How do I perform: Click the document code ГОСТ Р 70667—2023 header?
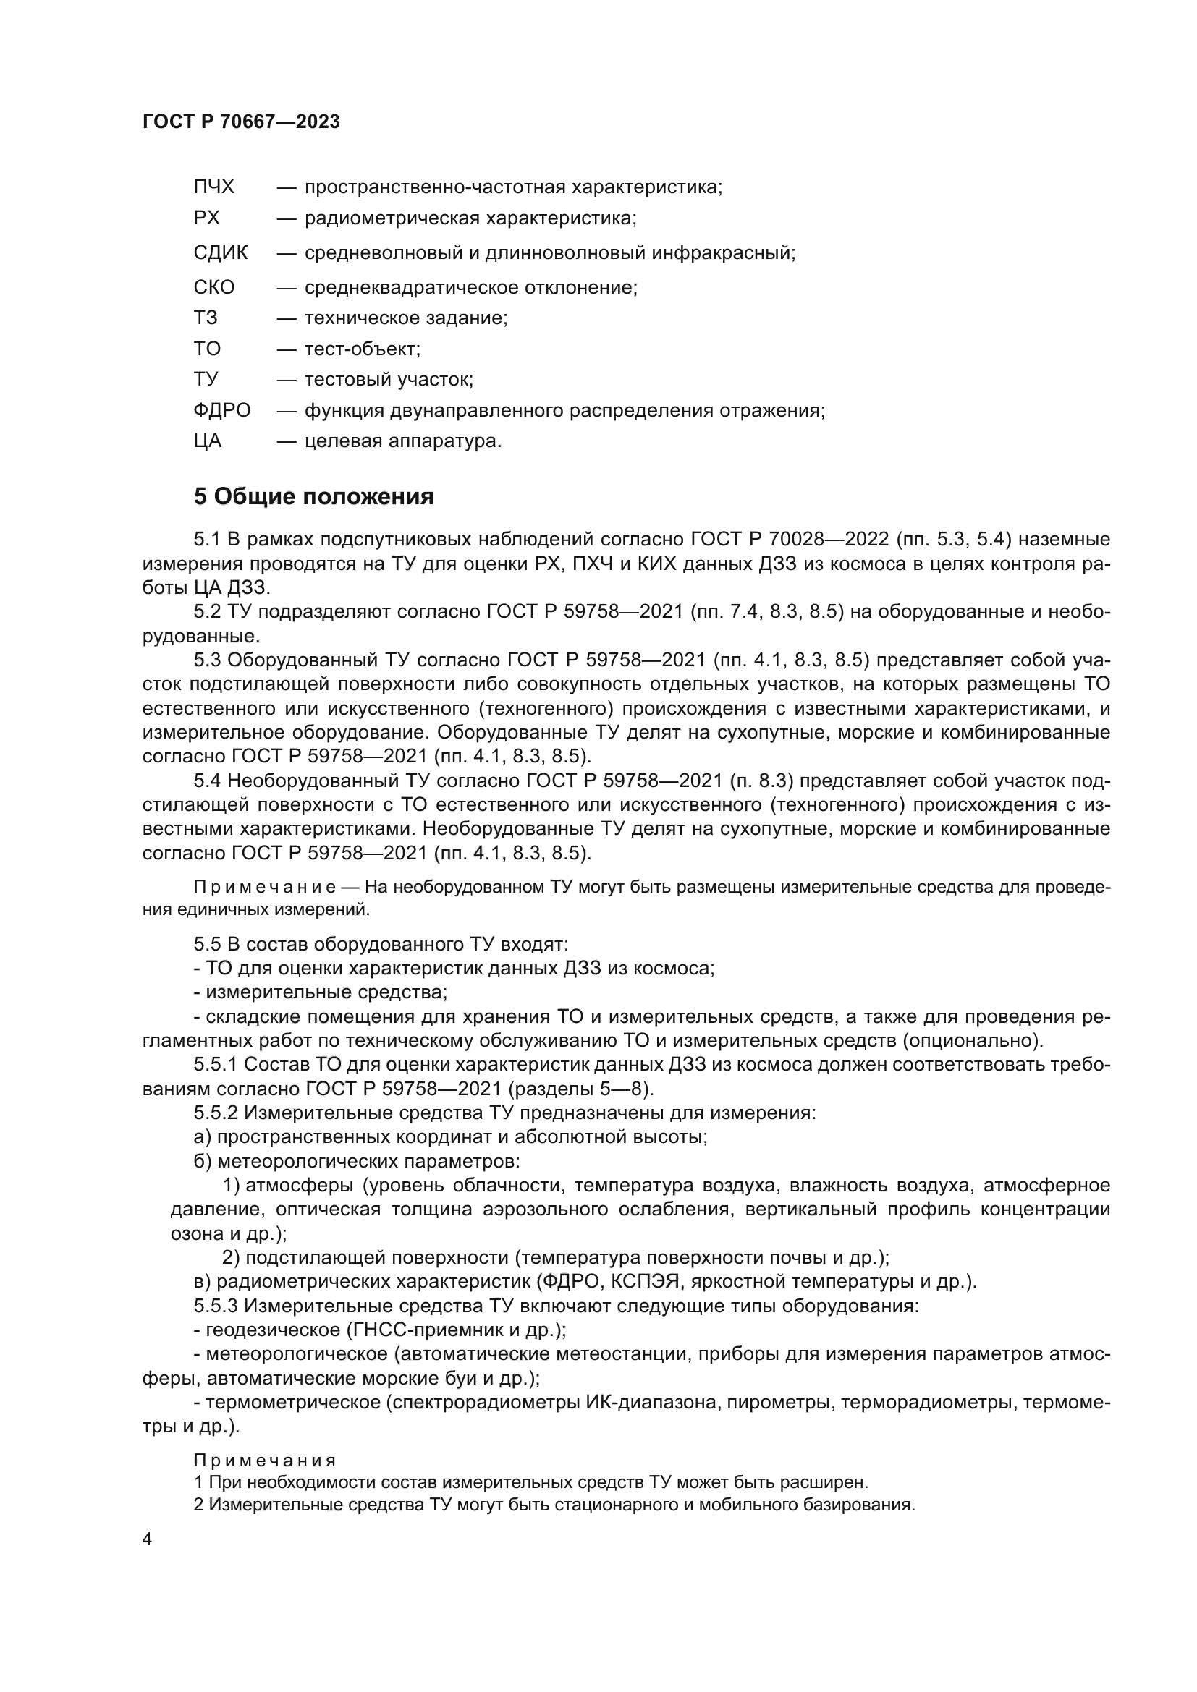[x=241, y=122]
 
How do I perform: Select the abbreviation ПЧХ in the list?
[x=213, y=187]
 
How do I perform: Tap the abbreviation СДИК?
[x=221, y=252]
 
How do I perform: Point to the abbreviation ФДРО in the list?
[x=222, y=410]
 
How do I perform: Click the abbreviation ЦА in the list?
[x=207, y=441]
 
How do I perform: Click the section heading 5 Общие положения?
[x=313, y=497]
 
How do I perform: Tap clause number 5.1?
[x=207, y=540]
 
